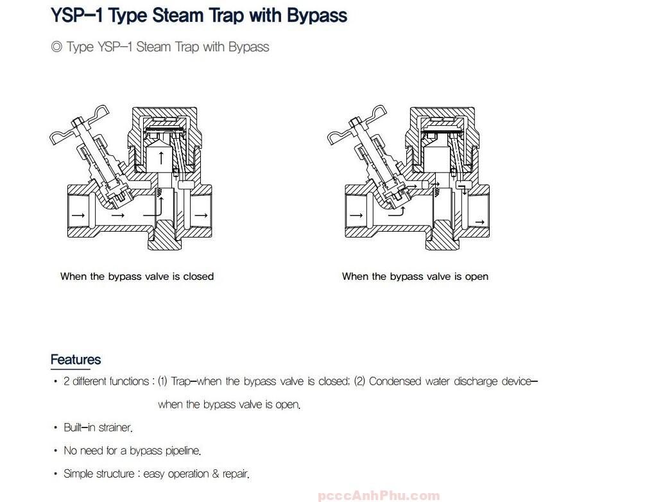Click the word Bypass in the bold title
tap(317, 16)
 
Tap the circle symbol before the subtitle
tap(56, 46)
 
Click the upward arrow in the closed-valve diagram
tap(161, 157)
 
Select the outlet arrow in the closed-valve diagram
tap(201, 215)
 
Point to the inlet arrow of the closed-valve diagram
tap(78, 215)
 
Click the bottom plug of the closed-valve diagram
tap(164, 235)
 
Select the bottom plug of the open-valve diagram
tap(442, 235)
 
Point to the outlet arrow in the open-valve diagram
tap(479, 222)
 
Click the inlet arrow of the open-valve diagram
tap(356, 215)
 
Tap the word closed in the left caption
tap(198, 276)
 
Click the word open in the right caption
tap(477, 277)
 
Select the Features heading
tap(76, 359)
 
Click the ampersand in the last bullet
tap(216, 474)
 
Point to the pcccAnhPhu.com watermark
tap(379, 496)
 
